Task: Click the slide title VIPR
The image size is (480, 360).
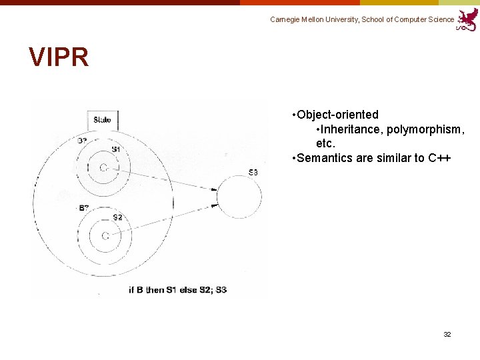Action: coord(59,57)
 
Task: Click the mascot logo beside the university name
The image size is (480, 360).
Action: coord(468,19)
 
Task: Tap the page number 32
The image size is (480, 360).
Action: coord(447,334)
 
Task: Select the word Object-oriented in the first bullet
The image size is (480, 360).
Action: coord(338,115)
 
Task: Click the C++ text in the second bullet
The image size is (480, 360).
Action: coord(439,158)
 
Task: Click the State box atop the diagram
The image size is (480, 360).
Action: coord(103,119)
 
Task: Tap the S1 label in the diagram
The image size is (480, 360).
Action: coord(116,149)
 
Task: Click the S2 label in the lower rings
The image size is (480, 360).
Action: coord(117,218)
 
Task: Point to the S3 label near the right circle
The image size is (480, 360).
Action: coord(253,173)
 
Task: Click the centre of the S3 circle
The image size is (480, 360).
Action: coord(239,196)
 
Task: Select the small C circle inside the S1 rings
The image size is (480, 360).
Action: coord(103,167)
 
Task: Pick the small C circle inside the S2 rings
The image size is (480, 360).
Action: coord(105,235)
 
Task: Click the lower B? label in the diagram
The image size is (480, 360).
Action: coord(84,209)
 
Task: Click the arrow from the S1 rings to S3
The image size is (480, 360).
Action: coord(167,179)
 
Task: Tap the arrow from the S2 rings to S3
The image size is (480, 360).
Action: coord(167,219)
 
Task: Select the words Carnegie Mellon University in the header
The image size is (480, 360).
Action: coord(313,20)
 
